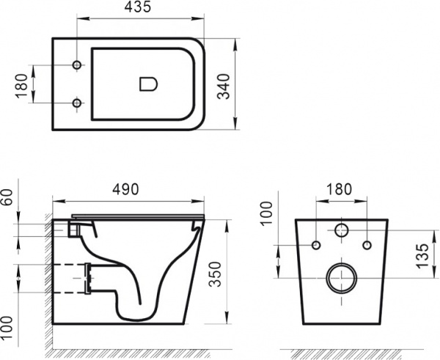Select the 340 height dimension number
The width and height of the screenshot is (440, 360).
coord(252,85)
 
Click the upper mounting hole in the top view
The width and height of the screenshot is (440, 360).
coord(76,66)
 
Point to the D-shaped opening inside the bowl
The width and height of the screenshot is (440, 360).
coord(147,84)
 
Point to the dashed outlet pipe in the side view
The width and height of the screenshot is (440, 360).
coord(70,278)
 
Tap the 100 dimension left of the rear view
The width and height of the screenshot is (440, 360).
coord(268,213)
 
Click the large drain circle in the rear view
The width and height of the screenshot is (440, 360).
coord(342,278)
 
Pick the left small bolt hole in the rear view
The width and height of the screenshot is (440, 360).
coord(316,243)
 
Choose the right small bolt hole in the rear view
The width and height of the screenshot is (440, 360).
coord(367,243)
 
